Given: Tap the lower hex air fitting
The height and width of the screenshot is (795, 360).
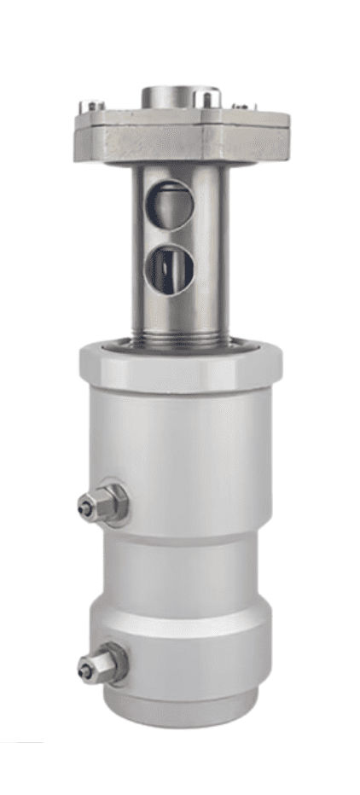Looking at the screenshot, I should (x=104, y=663).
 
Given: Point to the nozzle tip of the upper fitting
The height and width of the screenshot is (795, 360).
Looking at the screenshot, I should (x=84, y=508).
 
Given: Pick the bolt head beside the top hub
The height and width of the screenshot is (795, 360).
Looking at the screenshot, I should (x=208, y=99).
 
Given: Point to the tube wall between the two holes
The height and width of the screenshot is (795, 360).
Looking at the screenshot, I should (x=170, y=234).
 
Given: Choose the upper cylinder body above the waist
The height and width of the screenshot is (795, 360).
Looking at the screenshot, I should (x=188, y=461).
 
